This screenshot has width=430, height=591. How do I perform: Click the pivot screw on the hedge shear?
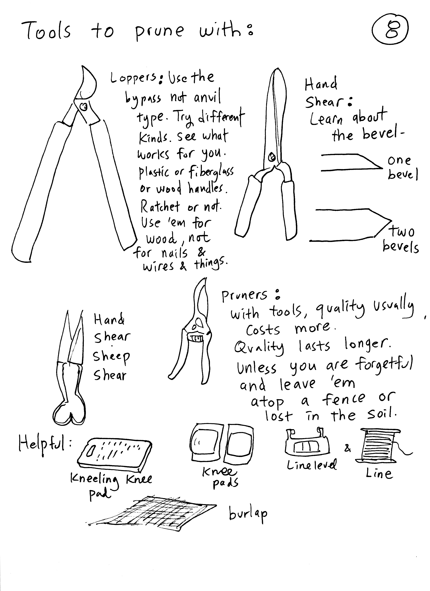pyautogui.click(x=272, y=157)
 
